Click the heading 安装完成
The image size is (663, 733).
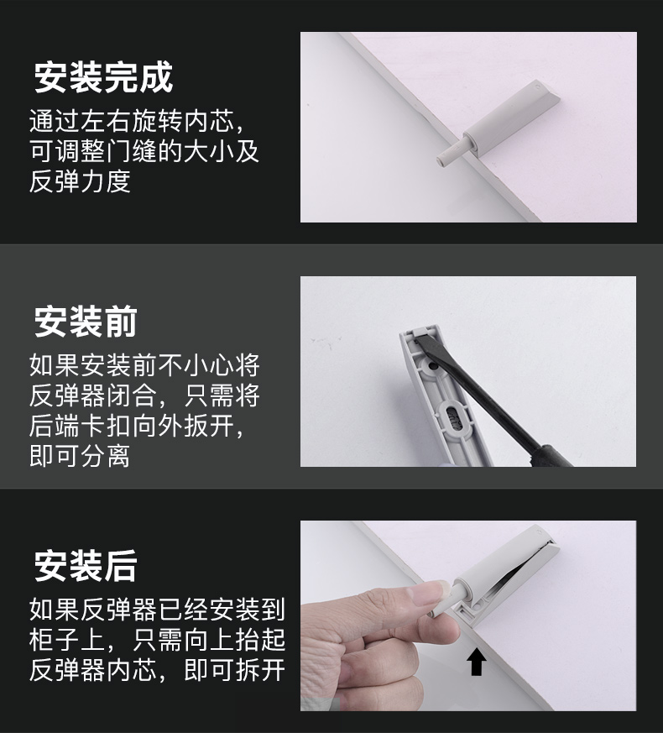tap(103, 77)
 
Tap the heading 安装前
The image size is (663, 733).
tap(85, 322)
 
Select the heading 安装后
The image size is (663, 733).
tap(85, 566)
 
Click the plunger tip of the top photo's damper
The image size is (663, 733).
tap(445, 158)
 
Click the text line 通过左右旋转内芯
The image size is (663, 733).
tap(138, 122)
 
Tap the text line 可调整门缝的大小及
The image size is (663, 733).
tap(144, 152)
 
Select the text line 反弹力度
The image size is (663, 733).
tap(80, 182)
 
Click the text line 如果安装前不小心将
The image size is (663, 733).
tap(144, 365)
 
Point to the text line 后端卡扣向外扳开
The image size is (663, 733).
tap(138, 427)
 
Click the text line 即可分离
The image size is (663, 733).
tap(80, 457)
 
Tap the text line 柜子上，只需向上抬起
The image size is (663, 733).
tap(157, 641)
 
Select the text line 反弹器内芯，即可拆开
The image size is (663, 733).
tap(157, 671)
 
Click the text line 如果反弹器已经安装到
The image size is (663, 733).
tap(157, 610)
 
